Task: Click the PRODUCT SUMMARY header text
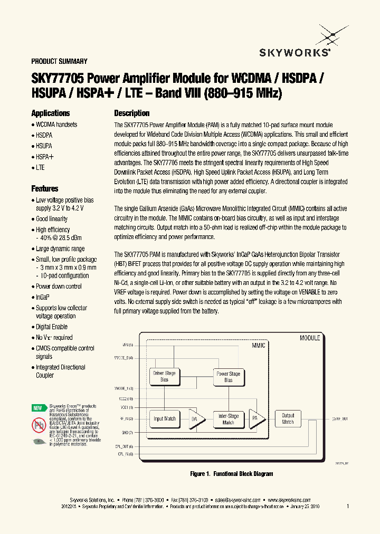tap(59, 61)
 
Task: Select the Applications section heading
tap(51, 113)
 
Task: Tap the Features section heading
tap(45, 189)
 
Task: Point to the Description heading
tap(132, 113)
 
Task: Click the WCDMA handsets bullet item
tap(56, 125)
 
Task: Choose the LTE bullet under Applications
tap(40, 167)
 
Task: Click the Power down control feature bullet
tap(59, 287)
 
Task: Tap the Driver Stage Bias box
tap(164, 376)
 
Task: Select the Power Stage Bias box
tap(228, 376)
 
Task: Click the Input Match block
tap(164, 418)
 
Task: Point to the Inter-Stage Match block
tap(228, 419)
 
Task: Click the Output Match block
tap(288, 418)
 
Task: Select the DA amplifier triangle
tap(194, 419)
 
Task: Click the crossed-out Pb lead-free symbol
tap(39, 424)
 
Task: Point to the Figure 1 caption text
tap(232, 474)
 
